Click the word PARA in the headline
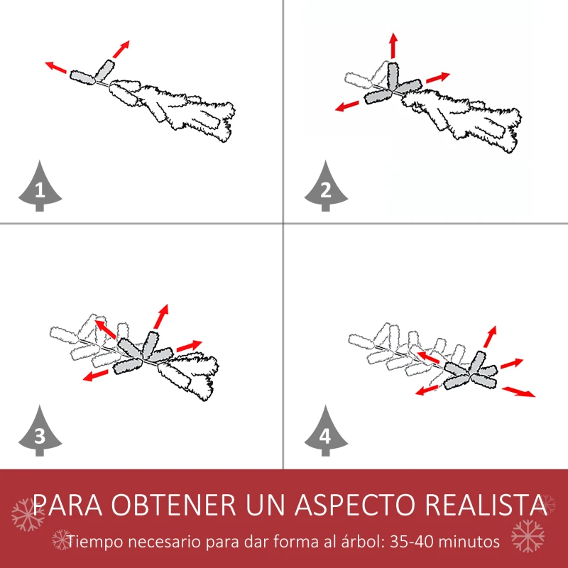coord(67,504)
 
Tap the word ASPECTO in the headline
coord(355,504)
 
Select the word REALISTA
coord(486,504)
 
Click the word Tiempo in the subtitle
coord(95,542)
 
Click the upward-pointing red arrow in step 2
coord(394,45)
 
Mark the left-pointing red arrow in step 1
coord(56,67)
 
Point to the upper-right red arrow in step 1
coord(121,49)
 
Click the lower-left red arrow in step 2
coord(346,106)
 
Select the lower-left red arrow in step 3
coord(95,376)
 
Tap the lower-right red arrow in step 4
coord(518,392)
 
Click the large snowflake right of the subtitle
coord(528,536)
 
